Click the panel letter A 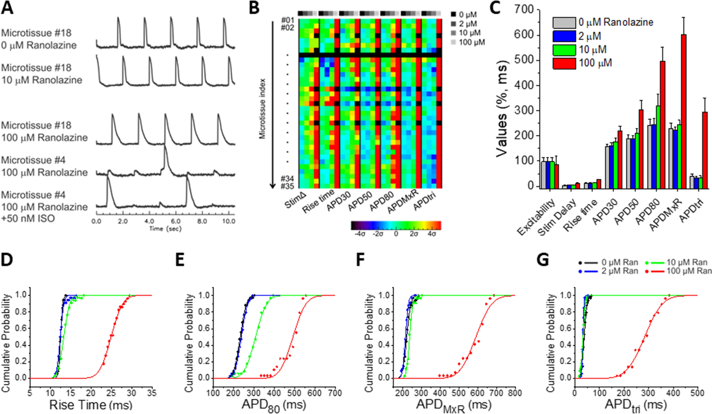pos(7,8)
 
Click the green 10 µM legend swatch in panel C pos(564,50)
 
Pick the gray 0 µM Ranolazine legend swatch pos(564,22)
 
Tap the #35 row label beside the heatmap pos(287,186)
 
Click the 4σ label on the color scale pos(432,234)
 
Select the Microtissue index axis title pos(262,108)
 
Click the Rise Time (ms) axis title pos(91,405)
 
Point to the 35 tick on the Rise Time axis pos(152,393)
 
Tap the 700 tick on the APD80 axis pos(335,393)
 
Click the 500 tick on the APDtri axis pos(697,393)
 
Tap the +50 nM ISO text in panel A pos(28,218)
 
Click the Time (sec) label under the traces pos(165,229)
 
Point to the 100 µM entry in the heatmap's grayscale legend pos(471,42)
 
